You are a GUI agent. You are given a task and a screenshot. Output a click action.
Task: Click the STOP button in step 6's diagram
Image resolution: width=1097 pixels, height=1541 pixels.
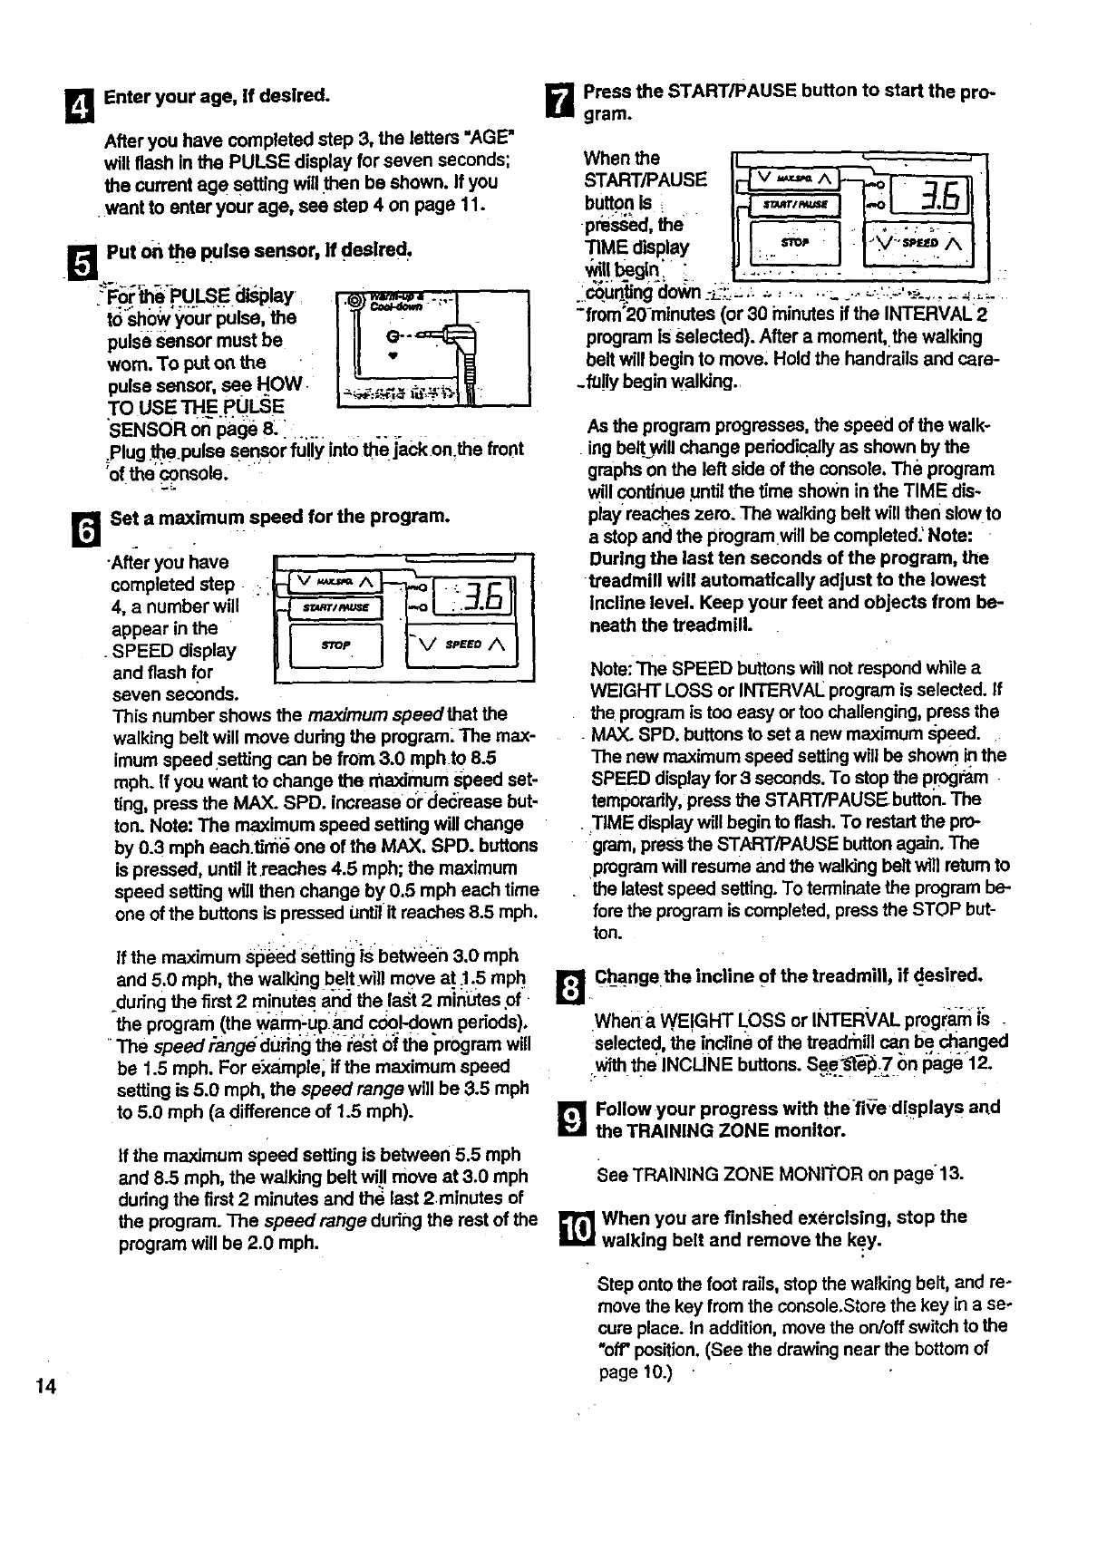pos(335,644)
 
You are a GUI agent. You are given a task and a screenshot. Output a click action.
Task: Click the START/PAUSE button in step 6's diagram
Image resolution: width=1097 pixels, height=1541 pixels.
pos(336,606)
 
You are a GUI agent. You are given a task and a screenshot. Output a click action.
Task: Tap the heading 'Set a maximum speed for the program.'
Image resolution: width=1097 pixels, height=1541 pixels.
pos(280,518)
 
